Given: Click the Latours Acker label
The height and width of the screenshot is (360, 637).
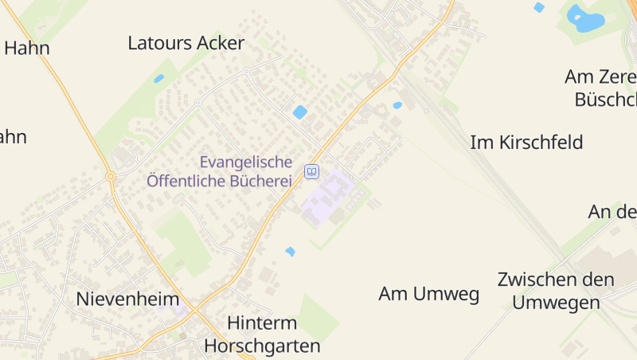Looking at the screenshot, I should [186, 43].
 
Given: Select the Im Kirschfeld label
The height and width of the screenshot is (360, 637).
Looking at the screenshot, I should [526, 143].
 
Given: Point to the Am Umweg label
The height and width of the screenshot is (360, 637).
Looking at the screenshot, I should [428, 294].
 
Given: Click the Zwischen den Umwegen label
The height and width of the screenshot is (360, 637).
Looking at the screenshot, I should [556, 291].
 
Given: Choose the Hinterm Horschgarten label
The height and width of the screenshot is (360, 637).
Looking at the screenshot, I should [262, 335].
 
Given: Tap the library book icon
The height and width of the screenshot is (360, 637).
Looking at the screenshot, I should [311, 171].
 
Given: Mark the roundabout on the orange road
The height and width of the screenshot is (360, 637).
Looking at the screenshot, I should [111, 176].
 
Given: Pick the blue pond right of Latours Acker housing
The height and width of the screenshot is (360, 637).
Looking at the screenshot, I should [299, 112].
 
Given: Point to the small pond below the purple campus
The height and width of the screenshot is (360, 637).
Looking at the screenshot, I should [290, 252].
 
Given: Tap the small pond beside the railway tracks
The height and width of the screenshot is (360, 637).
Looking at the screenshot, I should [397, 105].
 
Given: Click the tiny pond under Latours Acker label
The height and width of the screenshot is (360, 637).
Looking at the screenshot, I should [158, 78].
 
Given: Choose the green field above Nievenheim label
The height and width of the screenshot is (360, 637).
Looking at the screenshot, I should [183, 239].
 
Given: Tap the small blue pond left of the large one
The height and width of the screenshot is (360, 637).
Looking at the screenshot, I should [539, 7].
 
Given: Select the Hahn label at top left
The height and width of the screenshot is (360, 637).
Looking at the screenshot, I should [26, 48].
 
